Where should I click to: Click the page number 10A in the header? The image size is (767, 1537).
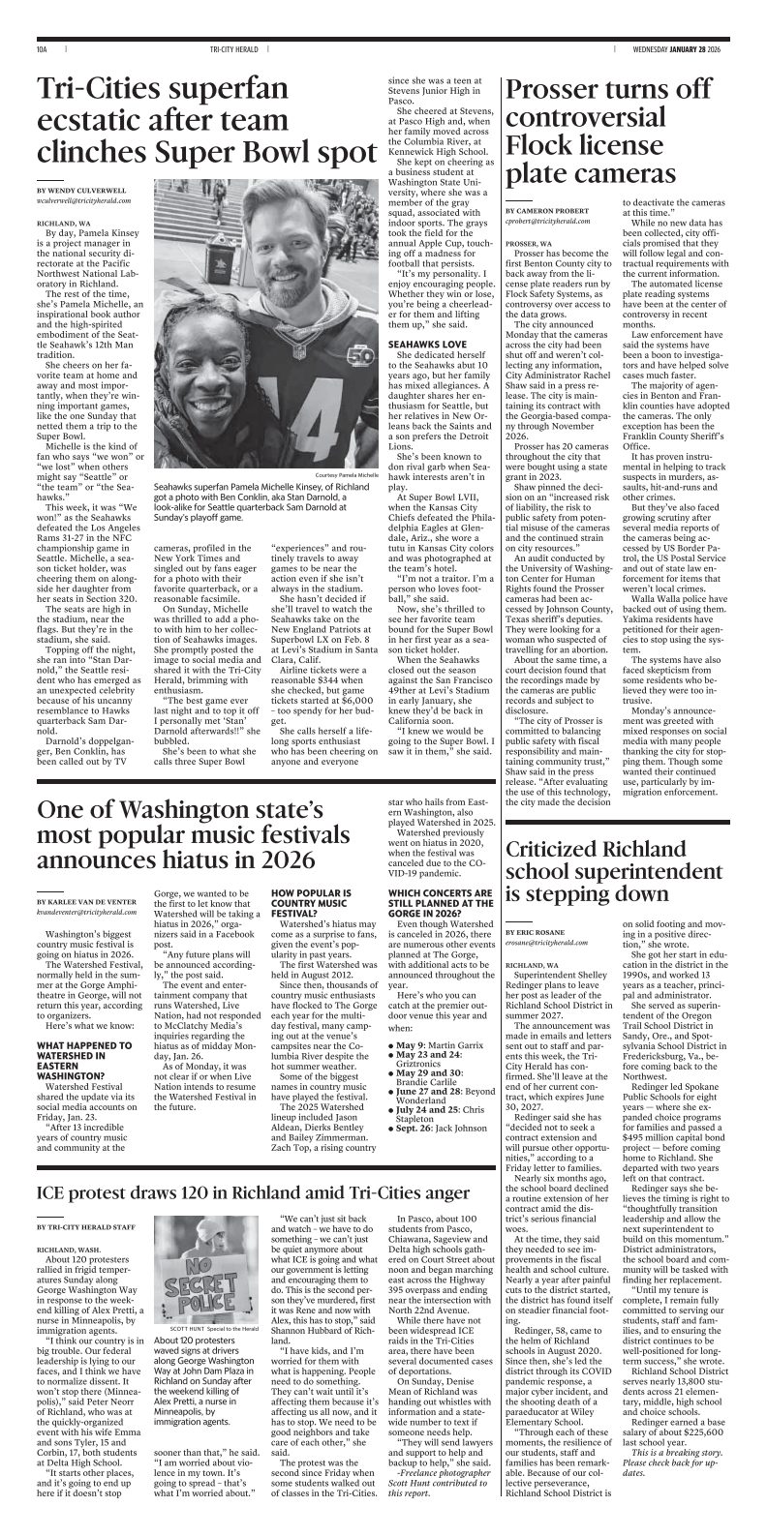42,48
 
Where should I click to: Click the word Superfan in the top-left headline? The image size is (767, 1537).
222,93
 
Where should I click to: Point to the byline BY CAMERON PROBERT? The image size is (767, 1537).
548,210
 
